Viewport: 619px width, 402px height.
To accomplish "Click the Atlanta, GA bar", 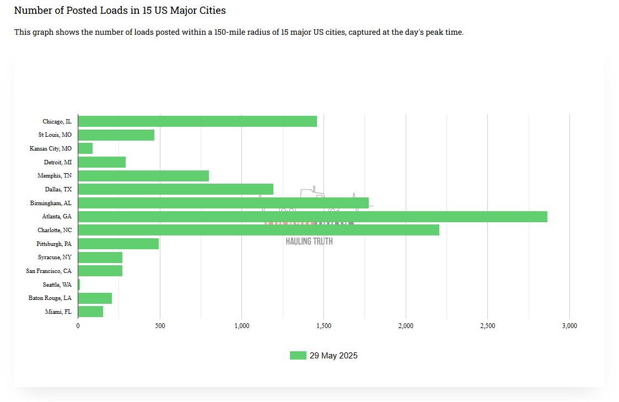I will pos(313,217).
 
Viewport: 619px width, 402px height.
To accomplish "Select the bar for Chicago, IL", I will pos(197,121).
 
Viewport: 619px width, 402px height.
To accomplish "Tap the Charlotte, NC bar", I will pos(259,230).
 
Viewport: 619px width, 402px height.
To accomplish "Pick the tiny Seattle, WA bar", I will pos(79,285).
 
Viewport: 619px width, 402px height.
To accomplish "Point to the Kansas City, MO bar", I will pos(85,148).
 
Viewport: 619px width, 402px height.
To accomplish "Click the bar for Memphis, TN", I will pos(143,176).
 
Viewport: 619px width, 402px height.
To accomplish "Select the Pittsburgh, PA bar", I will pos(119,244).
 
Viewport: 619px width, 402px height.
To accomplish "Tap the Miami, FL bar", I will pos(90,312).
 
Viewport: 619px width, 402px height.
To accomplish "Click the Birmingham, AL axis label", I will pos(51,203).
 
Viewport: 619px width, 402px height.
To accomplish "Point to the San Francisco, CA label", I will pos(49,271).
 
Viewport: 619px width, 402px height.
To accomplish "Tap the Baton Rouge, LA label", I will pos(50,298).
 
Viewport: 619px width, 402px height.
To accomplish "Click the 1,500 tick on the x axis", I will pos(324,326).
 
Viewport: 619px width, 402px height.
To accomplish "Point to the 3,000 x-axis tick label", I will pos(569,326).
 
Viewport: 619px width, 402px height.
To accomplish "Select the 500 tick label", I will pos(160,326).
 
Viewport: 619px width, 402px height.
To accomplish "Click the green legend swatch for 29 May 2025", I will pos(298,356).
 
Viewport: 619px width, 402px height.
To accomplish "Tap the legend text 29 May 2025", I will pos(333,356).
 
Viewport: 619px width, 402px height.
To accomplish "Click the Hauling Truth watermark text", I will pos(309,241).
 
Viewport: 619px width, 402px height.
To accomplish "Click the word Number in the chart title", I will pos(31,10).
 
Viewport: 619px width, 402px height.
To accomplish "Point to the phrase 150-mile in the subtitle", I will pos(200,32).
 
